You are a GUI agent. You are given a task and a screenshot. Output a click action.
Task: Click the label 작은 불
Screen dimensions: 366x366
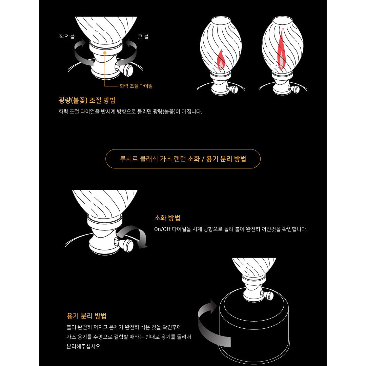click(x=67, y=37)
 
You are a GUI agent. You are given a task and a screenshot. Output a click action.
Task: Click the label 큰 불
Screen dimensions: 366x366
click(x=143, y=37)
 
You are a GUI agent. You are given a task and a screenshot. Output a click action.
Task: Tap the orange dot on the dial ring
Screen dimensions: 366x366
click(x=105, y=53)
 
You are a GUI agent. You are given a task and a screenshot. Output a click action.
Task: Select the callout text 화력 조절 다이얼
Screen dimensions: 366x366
click(x=136, y=86)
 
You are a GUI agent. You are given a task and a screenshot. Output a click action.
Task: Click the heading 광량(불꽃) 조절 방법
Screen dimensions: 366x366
click(x=87, y=100)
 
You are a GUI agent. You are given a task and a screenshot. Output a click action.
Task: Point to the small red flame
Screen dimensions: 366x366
click(x=221, y=60)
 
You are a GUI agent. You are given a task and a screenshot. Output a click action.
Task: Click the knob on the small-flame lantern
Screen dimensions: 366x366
click(x=232, y=89)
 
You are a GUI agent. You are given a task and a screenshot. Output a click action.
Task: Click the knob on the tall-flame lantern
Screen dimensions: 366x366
click(x=294, y=89)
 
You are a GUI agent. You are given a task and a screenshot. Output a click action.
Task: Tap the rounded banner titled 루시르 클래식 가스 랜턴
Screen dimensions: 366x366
click(x=183, y=159)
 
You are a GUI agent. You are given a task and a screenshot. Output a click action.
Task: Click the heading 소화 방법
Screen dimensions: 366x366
click(x=167, y=218)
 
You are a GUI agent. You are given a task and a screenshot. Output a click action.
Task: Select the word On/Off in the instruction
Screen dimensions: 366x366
click(x=162, y=229)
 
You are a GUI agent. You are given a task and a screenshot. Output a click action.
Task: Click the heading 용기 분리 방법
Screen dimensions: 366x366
click(x=87, y=316)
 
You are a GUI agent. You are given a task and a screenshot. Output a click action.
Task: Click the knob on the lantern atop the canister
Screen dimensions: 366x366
click(x=267, y=295)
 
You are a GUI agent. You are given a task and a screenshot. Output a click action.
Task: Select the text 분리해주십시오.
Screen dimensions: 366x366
click(x=84, y=346)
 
